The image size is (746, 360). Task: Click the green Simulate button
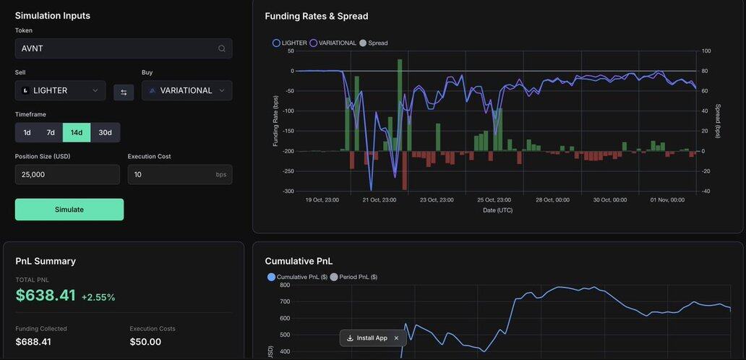click(69, 210)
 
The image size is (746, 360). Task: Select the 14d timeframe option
click(76, 132)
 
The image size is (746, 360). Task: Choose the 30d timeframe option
click(105, 132)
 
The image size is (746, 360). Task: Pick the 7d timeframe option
click(51, 132)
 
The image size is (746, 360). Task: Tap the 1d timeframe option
click(27, 132)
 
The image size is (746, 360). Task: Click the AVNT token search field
click(116, 48)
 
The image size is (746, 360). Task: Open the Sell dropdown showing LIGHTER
click(60, 90)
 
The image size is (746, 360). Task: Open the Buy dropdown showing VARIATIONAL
click(186, 90)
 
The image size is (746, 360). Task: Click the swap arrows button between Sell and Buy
click(124, 92)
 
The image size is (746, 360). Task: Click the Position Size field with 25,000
click(67, 174)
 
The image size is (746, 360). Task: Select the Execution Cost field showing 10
click(170, 174)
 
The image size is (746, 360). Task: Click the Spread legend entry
click(374, 43)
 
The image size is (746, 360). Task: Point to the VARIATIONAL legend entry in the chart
click(333, 43)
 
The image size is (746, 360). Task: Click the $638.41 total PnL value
click(46, 296)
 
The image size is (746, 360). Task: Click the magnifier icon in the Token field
click(222, 48)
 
